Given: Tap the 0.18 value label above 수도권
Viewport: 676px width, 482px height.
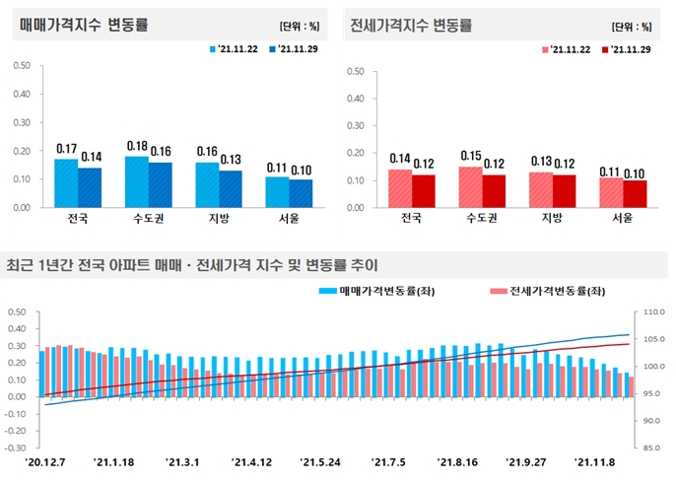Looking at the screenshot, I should pos(137,146).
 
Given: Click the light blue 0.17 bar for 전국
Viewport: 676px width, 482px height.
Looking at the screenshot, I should pos(66,183).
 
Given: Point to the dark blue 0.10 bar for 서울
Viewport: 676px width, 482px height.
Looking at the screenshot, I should pos(303,193).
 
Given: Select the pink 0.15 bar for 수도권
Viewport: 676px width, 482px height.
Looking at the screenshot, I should pos(471,187).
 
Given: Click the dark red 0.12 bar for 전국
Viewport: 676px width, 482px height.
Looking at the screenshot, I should pos(424,191).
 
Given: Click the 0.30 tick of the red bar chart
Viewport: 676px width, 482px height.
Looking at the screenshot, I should pos(357,126).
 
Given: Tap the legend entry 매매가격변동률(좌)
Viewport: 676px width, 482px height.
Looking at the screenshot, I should pos(380,291).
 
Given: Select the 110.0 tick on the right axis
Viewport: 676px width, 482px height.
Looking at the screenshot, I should pos(653,312).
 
